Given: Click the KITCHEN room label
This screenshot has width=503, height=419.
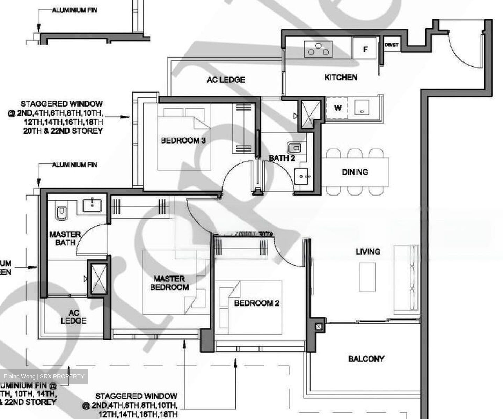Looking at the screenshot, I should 341,77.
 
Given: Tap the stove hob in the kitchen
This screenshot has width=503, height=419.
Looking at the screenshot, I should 318,49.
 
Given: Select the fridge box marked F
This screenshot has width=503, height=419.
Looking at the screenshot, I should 365,49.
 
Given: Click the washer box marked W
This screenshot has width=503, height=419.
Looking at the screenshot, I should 337,108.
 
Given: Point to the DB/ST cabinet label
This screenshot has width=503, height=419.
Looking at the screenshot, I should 392,45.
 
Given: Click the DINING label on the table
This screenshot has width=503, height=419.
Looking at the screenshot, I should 355,172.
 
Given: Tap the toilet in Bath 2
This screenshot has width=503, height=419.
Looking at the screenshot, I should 295,148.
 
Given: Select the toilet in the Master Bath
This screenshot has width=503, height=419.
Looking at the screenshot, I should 61,213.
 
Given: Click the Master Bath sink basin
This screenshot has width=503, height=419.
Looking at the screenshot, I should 92,205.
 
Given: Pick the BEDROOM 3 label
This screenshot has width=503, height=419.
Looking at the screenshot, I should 183,140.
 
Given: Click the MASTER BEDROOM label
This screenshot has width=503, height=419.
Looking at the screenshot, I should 169,283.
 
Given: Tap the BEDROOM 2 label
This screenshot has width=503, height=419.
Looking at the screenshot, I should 256,303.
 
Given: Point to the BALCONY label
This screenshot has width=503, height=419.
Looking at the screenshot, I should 366,359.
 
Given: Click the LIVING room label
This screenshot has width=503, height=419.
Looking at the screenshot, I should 367,251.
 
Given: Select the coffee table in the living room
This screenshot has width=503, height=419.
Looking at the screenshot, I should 367,277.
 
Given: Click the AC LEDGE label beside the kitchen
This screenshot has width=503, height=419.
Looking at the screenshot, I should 226,80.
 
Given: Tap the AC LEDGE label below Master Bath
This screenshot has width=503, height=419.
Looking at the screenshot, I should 73,317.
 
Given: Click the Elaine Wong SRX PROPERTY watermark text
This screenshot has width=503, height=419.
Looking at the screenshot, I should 44,376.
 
